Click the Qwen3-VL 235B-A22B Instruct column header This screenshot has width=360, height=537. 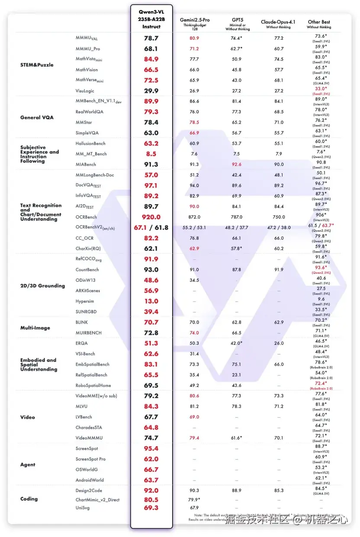151,19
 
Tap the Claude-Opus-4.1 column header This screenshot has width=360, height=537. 279,22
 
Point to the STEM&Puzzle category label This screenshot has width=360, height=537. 37,65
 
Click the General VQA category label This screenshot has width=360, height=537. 37,118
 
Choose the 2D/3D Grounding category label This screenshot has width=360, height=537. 42,286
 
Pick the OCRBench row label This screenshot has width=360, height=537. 86,217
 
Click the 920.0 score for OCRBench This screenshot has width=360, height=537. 151,217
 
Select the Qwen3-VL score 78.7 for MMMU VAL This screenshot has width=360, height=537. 151,38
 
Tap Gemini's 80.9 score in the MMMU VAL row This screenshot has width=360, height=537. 194,38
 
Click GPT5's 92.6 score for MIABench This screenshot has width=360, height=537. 236,164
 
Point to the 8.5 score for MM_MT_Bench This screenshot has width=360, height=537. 151,154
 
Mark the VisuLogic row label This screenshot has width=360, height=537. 85,91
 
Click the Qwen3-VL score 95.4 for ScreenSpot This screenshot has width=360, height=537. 151,449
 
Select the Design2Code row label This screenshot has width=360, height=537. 89,490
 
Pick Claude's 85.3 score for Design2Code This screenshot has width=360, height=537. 279,490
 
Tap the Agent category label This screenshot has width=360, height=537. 28,465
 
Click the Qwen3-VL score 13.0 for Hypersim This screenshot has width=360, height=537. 151,301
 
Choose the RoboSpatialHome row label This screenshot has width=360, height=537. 93,385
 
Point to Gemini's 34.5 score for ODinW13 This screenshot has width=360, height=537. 194,280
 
